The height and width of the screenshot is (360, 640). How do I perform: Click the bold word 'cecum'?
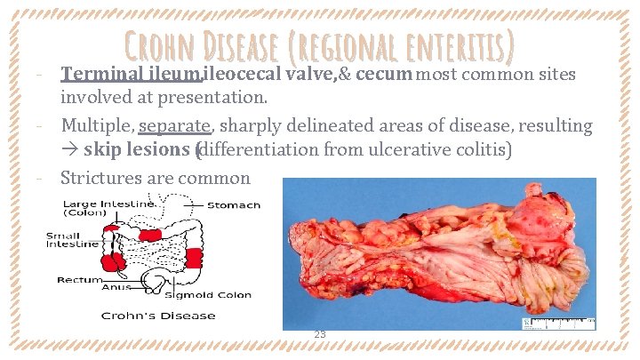[381, 75]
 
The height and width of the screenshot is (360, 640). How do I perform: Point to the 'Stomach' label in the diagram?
[233, 205]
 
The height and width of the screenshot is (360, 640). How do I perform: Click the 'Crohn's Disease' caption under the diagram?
[158, 316]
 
